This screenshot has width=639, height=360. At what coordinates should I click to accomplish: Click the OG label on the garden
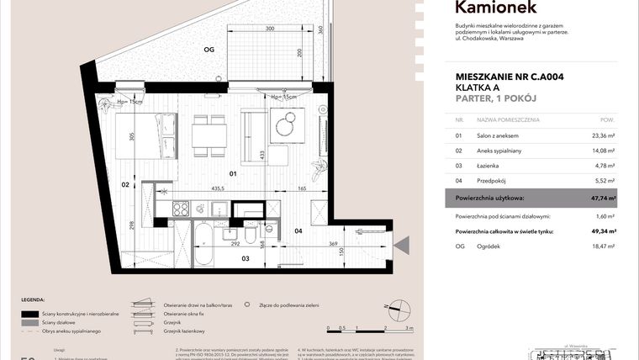(209, 50)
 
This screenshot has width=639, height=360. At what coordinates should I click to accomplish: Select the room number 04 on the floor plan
(298, 230)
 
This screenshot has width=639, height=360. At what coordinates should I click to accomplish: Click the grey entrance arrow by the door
(402, 246)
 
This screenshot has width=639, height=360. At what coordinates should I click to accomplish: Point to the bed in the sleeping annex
(136, 136)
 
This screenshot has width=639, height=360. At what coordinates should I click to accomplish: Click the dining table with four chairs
(209, 135)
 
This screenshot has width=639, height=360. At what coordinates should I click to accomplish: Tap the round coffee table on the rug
(286, 127)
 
